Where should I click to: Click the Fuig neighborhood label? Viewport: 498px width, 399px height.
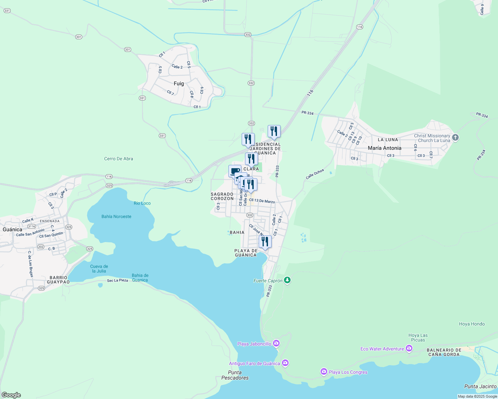coord(179,83)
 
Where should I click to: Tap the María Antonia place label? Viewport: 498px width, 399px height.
coord(384,148)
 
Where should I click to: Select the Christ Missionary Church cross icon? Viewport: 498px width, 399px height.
coord(455,138)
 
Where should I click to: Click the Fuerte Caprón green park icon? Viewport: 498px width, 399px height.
coord(288,280)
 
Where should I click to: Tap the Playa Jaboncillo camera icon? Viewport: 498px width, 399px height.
coord(276,343)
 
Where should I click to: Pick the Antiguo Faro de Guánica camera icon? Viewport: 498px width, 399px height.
coord(285,363)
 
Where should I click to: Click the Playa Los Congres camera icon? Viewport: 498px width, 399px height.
coord(324,371)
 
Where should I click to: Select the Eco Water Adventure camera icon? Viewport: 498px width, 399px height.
coord(409,348)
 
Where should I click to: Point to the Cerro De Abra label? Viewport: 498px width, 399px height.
coord(119,159)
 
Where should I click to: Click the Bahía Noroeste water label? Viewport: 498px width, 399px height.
coord(116,216)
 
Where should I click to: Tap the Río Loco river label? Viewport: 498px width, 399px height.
coord(142,203)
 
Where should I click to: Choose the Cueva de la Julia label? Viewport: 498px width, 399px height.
coord(99,269)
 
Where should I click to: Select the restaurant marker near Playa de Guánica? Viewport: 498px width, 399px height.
coord(265,242)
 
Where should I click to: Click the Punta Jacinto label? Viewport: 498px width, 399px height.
coord(480,386)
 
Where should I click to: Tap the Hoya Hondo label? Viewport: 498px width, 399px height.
coord(472,324)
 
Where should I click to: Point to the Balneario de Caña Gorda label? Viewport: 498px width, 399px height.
coord(444,352)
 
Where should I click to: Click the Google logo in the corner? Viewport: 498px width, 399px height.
coord(11,395)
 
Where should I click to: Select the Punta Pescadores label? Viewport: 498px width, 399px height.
coord(235,375)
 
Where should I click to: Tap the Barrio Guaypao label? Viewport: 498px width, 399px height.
coord(58,280)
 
